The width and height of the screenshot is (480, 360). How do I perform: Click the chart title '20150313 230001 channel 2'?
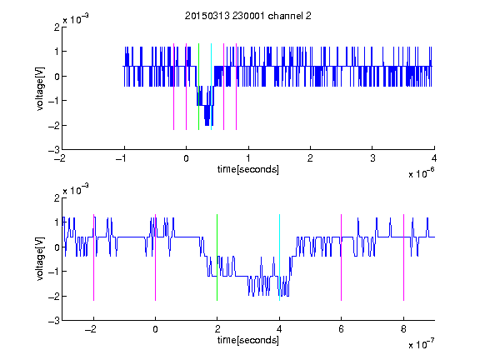click(x=248, y=16)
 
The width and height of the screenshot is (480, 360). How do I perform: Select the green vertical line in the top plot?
click(x=198, y=87)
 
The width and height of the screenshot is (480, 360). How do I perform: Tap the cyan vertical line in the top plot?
click(x=211, y=87)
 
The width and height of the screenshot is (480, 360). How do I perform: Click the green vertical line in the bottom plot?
click(x=217, y=257)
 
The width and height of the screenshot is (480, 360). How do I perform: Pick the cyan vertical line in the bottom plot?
click(x=279, y=257)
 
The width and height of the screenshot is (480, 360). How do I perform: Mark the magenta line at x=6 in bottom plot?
click(x=342, y=257)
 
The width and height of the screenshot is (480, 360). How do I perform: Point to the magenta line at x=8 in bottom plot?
click(x=403, y=257)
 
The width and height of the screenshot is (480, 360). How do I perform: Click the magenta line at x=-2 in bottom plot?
click(x=93, y=257)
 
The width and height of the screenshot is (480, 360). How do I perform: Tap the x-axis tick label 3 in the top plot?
click(x=372, y=158)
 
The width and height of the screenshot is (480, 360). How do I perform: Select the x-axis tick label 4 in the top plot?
click(x=434, y=158)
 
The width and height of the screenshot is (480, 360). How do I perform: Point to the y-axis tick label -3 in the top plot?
click(x=54, y=150)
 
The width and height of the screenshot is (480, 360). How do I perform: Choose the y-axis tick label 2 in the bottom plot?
click(x=57, y=197)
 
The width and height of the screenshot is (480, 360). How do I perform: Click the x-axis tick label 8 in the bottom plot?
click(x=403, y=329)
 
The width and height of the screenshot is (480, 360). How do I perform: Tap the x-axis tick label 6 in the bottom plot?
click(x=342, y=329)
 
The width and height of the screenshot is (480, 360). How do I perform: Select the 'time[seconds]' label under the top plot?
click(x=248, y=169)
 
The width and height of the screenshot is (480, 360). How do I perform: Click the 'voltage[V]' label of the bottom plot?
click(x=40, y=258)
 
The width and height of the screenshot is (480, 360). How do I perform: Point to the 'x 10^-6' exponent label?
click(x=421, y=173)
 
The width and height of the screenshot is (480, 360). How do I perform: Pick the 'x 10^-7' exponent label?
click(x=421, y=344)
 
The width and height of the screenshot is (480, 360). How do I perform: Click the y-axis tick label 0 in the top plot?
click(x=57, y=76)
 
